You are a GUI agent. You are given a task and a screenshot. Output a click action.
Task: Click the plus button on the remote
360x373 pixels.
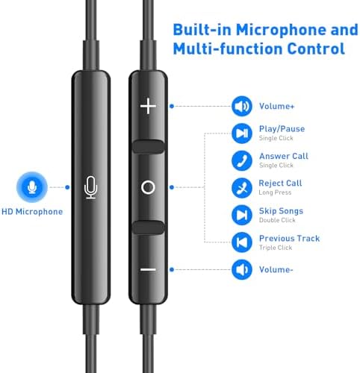[x=148, y=106]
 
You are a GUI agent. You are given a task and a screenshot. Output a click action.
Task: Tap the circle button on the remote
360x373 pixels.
[x=148, y=187]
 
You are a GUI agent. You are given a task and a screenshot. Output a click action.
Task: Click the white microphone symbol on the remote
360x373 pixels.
[x=91, y=187]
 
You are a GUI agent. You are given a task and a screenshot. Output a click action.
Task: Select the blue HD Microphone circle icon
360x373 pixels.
[x=32, y=187]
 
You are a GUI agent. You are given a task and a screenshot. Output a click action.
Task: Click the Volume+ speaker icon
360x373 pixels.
[x=242, y=106]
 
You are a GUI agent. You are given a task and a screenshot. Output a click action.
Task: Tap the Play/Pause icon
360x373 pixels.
[x=242, y=134]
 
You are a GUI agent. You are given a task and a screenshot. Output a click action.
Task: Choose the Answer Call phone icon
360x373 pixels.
[x=242, y=160]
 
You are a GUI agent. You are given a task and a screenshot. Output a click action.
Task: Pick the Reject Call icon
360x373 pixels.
[x=242, y=188]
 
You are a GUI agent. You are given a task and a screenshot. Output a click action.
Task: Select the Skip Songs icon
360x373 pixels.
[x=242, y=215]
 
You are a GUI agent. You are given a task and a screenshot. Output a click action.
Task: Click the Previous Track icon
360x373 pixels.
[x=242, y=242]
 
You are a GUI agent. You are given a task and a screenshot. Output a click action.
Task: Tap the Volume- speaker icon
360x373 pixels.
[x=242, y=269]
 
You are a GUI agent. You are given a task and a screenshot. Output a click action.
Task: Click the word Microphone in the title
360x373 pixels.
[x=281, y=30]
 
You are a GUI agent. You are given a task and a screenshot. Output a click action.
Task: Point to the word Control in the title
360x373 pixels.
[x=316, y=48]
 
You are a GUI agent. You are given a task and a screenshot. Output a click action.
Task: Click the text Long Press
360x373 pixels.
[x=275, y=192]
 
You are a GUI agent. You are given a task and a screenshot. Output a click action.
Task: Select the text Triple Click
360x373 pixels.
[x=276, y=248]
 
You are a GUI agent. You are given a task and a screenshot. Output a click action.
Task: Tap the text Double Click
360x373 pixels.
[x=277, y=220]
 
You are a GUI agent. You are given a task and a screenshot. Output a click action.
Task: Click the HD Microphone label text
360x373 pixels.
[x=32, y=212]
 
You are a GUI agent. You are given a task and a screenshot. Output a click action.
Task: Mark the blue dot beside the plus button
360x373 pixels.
[x=172, y=106]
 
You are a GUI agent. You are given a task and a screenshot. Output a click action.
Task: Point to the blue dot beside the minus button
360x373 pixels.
[x=172, y=269]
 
